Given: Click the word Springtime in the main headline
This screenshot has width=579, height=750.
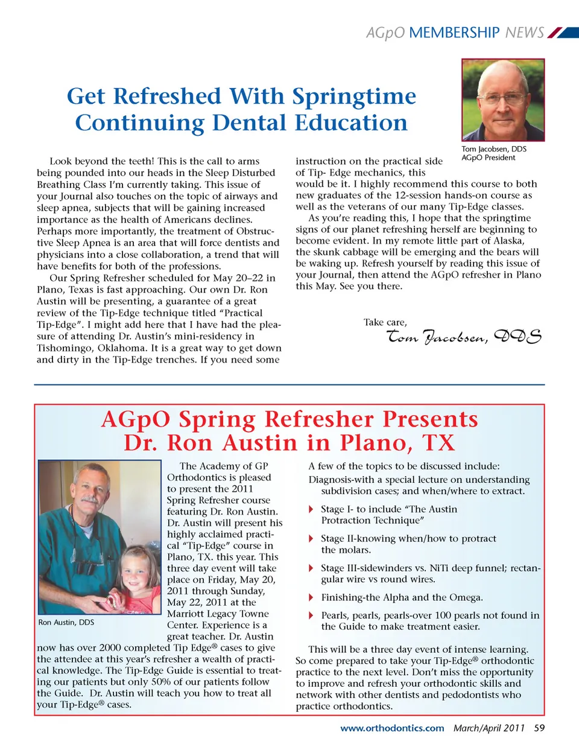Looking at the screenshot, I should click(354, 97).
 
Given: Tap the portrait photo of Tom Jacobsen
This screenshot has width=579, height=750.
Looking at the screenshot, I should click(502, 100).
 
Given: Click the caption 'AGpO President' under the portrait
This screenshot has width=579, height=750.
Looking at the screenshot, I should click(488, 158).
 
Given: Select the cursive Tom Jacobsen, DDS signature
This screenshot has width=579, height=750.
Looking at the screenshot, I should click(463, 337).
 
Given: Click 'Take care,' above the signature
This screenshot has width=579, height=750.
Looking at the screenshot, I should click(385, 322).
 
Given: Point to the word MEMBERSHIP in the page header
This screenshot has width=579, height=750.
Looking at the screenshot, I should click(454, 33).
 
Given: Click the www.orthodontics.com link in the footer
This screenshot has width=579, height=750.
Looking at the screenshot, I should click(392, 728).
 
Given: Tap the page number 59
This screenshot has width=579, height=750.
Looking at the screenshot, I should click(539, 728).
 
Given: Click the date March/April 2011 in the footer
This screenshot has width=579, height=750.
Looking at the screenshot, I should click(489, 728).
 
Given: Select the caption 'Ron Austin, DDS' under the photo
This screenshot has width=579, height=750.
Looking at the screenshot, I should click(66, 622).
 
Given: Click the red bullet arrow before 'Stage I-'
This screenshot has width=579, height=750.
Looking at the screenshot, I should click(311, 509).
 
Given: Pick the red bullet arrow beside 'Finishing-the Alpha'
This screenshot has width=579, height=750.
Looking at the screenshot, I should click(311, 597).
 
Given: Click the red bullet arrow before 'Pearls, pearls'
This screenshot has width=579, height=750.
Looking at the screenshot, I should click(311, 615).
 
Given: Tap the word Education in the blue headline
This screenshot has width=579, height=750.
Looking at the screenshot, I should click(351, 123).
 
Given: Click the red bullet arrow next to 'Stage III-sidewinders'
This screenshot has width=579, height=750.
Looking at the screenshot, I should click(311, 568).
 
